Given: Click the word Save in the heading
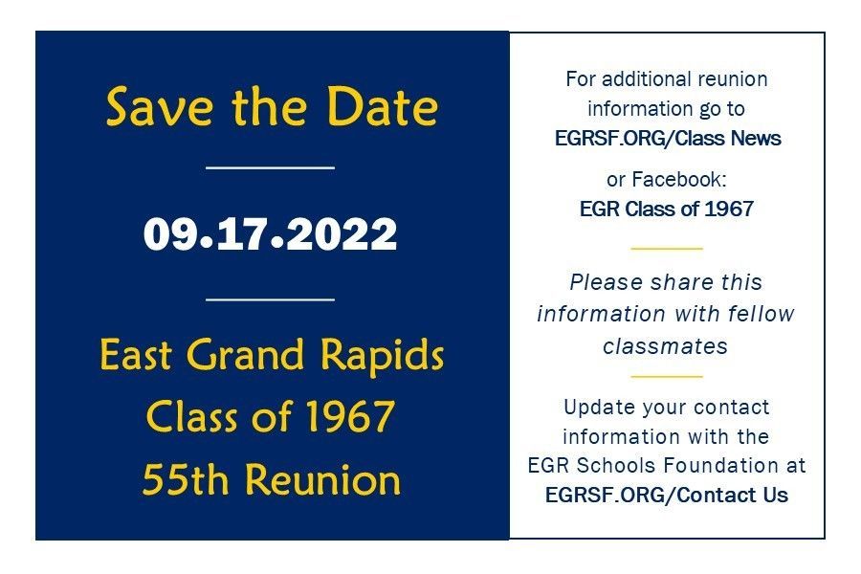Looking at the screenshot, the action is point(159,106).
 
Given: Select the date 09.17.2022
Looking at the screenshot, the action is point(270,234).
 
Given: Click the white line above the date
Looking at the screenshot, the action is point(270,167).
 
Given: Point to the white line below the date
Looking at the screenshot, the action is point(270,299).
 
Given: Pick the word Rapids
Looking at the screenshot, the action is point(382,356).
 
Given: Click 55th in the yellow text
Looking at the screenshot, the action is point(185,479).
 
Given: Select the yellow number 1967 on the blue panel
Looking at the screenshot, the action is point(350,416).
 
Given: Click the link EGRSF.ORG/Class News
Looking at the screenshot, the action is point(668,138).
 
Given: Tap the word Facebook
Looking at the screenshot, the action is point(679,179).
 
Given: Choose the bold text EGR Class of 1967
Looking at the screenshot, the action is point(667,209).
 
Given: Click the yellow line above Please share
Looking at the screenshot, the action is point(667,249).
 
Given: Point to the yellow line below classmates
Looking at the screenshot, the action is point(667,377).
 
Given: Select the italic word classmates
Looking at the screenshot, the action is point(666,346).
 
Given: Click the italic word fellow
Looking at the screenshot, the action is point(762,314).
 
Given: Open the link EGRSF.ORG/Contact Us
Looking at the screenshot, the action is point(667,495).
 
